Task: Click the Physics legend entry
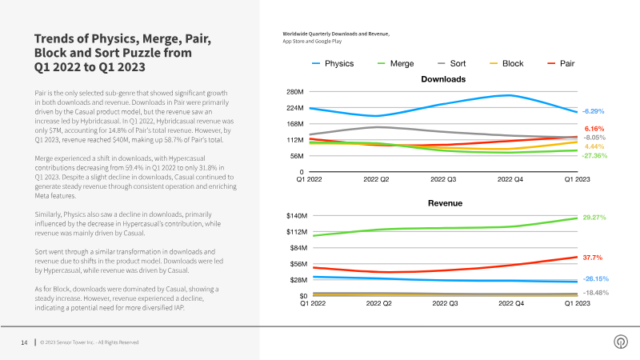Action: (x=333, y=64)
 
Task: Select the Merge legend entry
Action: (x=396, y=64)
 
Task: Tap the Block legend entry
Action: (x=506, y=64)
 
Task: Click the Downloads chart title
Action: (x=443, y=79)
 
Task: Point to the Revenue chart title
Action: (x=445, y=203)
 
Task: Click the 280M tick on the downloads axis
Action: (x=295, y=92)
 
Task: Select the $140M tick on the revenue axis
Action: (x=297, y=216)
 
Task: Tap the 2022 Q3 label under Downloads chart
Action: (x=443, y=179)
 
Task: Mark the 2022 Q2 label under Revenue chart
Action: (x=378, y=303)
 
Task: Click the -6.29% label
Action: (x=593, y=111)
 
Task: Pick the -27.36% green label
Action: (x=594, y=156)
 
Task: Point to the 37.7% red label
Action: (x=593, y=258)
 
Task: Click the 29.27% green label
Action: (x=594, y=218)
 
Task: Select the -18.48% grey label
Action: (x=596, y=293)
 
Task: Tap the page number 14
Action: (x=24, y=342)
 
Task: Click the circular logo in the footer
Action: (x=621, y=342)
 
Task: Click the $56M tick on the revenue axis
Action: (x=298, y=264)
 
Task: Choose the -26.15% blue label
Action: (x=596, y=278)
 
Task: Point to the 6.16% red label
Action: (x=594, y=129)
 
